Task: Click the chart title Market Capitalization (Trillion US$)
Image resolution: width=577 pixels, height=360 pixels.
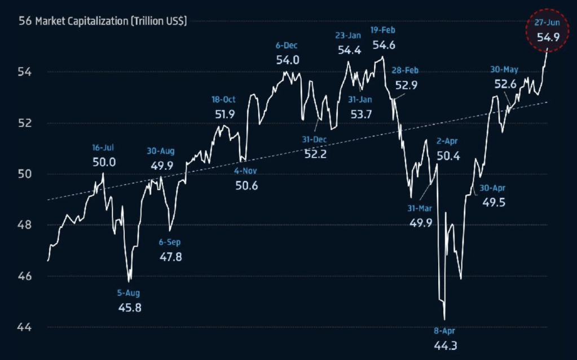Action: pos(111,21)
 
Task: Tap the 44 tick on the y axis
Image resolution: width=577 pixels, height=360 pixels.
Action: pos(25,327)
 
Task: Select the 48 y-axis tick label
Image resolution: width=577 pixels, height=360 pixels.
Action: pos(25,225)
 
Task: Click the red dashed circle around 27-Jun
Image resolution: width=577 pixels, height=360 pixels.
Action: pos(546,33)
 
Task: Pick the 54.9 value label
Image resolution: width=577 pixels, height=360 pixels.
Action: pos(546,38)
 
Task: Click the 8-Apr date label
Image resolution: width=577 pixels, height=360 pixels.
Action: pos(445,331)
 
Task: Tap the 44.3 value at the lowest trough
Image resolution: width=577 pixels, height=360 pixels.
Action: pos(445,344)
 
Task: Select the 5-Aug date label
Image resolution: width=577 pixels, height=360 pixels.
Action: pos(129,293)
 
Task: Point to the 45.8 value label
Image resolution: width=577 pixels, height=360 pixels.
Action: pos(129,308)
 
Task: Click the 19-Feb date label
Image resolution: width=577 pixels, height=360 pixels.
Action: pos(383,30)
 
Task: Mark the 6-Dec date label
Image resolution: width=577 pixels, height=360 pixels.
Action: pos(287,45)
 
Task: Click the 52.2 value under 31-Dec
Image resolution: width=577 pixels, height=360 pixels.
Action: pos(315,153)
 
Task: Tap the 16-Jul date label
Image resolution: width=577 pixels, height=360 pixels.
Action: pos(103,148)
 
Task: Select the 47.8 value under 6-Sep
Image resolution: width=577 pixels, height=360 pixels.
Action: pos(170,257)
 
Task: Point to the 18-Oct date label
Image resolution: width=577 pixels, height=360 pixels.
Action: pos(223,99)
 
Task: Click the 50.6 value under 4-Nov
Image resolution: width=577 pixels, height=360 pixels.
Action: pos(246,185)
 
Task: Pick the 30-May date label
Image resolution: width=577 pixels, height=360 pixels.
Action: pos(504,69)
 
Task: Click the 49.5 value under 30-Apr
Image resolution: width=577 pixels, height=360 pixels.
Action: pos(494,202)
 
